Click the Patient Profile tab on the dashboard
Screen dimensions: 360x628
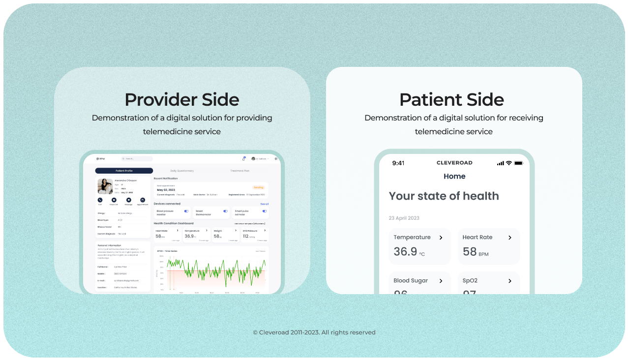pyautogui.click(x=124, y=171)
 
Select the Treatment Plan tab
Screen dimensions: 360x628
pyautogui.click(x=240, y=171)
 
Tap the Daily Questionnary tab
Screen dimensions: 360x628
pyautogui.click(x=182, y=171)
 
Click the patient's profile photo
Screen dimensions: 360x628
pyautogui.click(x=105, y=186)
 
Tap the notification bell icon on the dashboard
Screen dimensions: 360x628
pyautogui.click(x=243, y=159)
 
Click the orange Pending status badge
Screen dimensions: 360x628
pyautogui.click(x=259, y=187)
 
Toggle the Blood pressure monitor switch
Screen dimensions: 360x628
pyautogui.click(x=186, y=211)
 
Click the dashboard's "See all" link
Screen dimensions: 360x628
pyautogui.click(x=265, y=204)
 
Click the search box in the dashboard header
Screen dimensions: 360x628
pyautogui.click(x=137, y=159)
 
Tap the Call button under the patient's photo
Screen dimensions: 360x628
pyautogui.click(x=100, y=200)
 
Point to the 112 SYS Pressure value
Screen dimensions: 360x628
pyautogui.click(x=245, y=237)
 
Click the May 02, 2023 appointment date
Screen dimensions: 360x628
pyautogui.click(x=166, y=189)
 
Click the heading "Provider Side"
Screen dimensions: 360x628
pyautogui.click(x=182, y=99)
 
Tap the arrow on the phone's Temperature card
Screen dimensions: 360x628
pyautogui.click(x=441, y=238)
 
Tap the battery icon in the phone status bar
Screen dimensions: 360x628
pyautogui.click(x=518, y=163)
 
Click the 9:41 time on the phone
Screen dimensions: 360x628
pyautogui.click(x=398, y=163)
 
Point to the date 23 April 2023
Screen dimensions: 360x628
pyautogui.click(x=404, y=218)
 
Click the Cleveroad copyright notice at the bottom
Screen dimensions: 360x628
pyautogui.click(x=314, y=332)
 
